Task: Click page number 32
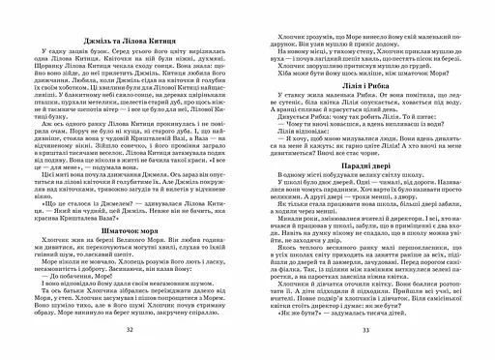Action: pos(129,331)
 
